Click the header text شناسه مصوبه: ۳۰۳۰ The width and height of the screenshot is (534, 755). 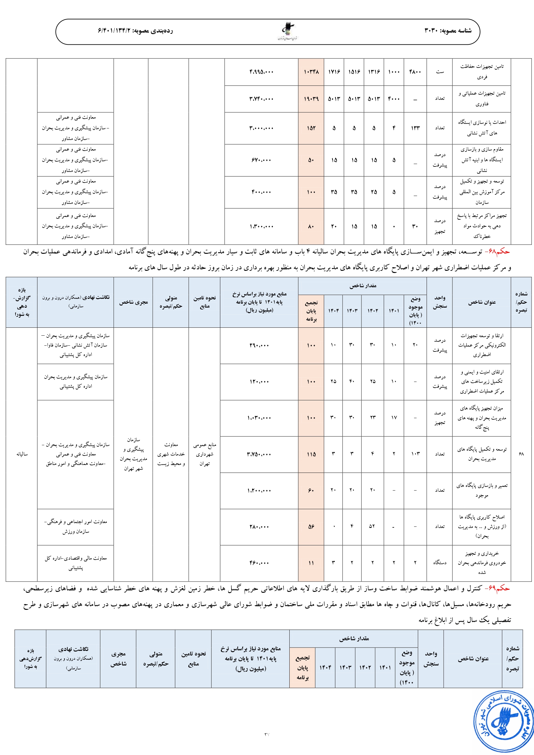pos(448,30)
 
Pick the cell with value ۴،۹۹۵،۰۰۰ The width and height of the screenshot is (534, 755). pos(261,72)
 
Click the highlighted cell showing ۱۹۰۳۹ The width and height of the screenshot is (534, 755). pos(311,99)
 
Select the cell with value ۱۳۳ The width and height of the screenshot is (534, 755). pos(415,128)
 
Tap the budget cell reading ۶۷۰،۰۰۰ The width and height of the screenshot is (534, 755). pos(261,160)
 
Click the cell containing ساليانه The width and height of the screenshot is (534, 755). pos(22,454)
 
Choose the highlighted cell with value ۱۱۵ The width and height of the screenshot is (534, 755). pos(311,454)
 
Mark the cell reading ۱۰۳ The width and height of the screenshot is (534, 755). pos(415,454)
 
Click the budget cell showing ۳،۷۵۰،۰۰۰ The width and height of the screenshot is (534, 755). pos(259,454)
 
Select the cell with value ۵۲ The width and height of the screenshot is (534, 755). pos(372,526)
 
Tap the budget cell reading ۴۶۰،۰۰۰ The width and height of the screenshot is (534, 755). pos(259,563)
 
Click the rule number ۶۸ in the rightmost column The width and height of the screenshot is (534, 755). pos(521,454)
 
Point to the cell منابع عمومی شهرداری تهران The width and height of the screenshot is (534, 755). pos(204,454)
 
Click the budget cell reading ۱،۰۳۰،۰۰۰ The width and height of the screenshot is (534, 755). pos(259,418)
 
